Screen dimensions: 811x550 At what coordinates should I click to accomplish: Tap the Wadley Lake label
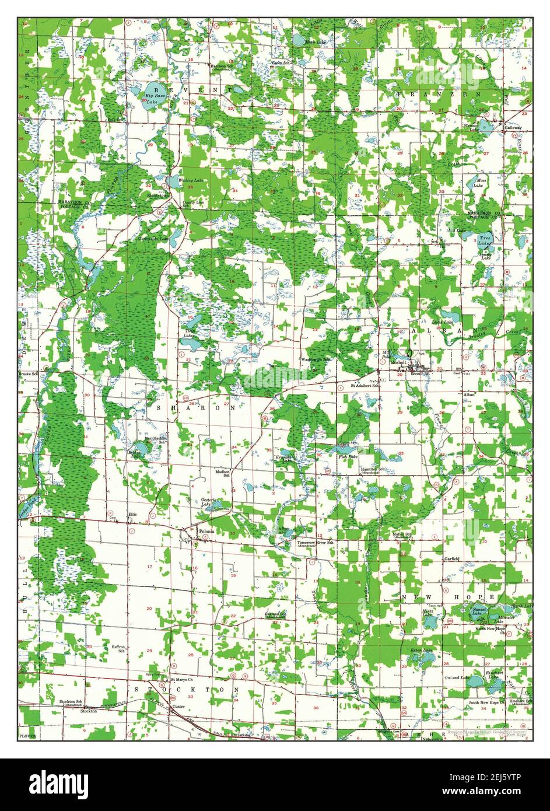(x=190, y=181)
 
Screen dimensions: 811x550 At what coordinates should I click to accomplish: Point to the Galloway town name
(x=513, y=127)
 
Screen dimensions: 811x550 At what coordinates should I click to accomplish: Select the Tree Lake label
(x=485, y=240)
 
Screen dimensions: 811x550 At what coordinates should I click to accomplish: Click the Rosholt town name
(x=398, y=362)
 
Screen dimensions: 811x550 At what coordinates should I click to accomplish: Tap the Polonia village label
(x=206, y=532)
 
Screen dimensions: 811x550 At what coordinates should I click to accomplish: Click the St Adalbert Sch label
(x=365, y=386)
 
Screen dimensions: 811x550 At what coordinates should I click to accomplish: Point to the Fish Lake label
(x=348, y=457)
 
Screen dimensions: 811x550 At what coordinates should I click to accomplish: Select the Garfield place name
(x=451, y=558)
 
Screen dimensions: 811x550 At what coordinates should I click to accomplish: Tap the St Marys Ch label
(x=181, y=680)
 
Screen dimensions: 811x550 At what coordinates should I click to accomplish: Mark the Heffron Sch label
(x=118, y=649)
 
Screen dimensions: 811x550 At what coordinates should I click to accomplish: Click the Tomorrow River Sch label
(x=315, y=543)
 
